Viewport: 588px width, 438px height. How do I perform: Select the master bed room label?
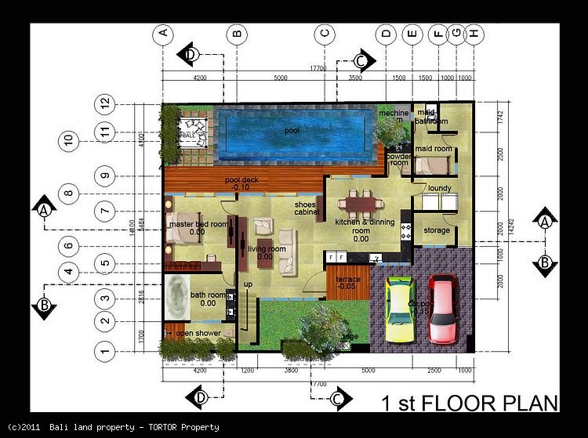pos(198,224)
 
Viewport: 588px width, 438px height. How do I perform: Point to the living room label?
pos(266,250)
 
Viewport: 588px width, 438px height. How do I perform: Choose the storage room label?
pos(437,230)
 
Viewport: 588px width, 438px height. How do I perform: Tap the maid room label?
pos(433,149)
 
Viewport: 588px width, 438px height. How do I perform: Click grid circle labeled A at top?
pos(162,33)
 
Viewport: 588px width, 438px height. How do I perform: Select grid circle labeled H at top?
pos(474,33)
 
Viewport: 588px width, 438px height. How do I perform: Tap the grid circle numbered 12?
pos(103,103)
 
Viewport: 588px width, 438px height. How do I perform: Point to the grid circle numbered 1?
pos(103,350)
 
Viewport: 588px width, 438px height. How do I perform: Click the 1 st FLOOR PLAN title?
pos(469,403)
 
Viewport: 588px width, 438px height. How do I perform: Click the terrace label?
pos(348,281)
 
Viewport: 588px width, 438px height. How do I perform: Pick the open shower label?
pos(198,333)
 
